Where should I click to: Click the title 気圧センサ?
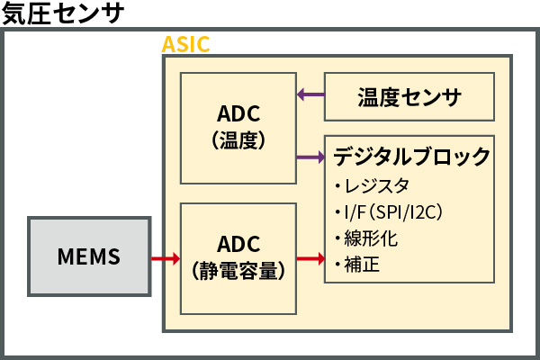pos(61,13)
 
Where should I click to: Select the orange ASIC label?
pos(186,44)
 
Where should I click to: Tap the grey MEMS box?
pos(87,256)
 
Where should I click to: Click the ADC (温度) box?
pos(238,128)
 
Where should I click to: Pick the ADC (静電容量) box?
pos(238,257)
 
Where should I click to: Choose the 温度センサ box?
pos(409,96)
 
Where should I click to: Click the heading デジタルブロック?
pos(412,157)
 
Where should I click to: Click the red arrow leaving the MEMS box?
pos(164,259)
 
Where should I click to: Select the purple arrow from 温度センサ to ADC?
pos(310,94)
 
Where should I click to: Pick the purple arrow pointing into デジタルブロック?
pos(310,157)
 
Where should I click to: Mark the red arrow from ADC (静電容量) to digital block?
pos(310,259)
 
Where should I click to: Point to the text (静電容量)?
pos(238,270)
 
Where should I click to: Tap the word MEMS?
pos(87,256)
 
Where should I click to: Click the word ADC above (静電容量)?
pos(238,245)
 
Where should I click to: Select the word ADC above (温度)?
pos(238,115)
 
